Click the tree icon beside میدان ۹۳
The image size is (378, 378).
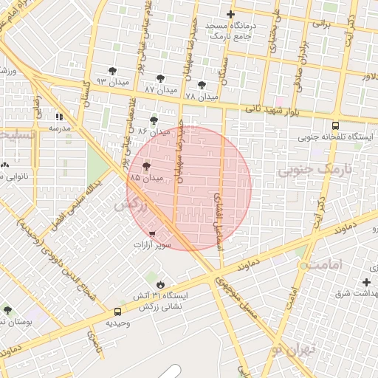(111, 71)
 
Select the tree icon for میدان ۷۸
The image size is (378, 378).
(202, 85)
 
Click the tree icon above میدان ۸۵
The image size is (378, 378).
(146, 167)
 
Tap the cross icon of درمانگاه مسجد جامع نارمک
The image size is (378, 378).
(230, 15)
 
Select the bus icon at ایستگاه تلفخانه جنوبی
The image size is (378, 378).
(335, 126)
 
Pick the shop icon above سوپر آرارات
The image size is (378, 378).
(152, 233)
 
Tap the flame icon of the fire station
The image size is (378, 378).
(159, 284)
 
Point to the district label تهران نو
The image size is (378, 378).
(293, 349)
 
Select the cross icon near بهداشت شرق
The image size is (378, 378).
(366, 283)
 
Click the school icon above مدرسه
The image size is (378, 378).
(59, 117)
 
